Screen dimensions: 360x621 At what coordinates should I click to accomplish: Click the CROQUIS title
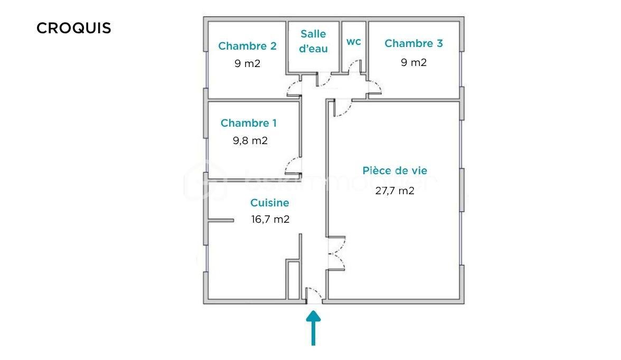click(x=74, y=28)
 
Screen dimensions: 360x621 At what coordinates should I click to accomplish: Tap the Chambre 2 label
click(x=247, y=46)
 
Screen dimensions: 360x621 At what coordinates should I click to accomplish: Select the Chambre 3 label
click(x=413, y=43)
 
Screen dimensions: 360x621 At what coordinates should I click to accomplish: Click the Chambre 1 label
click(x=248, y=123)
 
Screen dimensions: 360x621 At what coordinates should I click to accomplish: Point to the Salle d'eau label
click(x=313, y=41)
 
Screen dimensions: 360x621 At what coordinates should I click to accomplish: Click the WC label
click(x=354, y=42)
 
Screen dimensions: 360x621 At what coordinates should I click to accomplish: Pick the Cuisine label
click(x=269, y=203)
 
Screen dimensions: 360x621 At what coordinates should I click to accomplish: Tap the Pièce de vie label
click(x=394, y=170)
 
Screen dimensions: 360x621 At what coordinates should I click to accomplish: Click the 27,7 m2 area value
click(x=394, y=191)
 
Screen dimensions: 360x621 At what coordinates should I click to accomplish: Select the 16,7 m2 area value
click(x=270, y=219)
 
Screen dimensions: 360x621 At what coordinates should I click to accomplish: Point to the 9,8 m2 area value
click(x=250, y=141)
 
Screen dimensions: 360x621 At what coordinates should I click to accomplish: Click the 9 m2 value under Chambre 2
click(x=247, y=64)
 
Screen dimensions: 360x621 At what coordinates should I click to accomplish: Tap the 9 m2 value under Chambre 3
click(x=413, y=62)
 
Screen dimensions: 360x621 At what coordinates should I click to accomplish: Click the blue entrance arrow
click(x=314, y=327)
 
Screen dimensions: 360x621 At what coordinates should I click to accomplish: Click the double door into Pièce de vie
click(x=336, y=253)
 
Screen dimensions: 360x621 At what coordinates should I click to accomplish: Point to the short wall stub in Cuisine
click(x=221, y=220)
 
